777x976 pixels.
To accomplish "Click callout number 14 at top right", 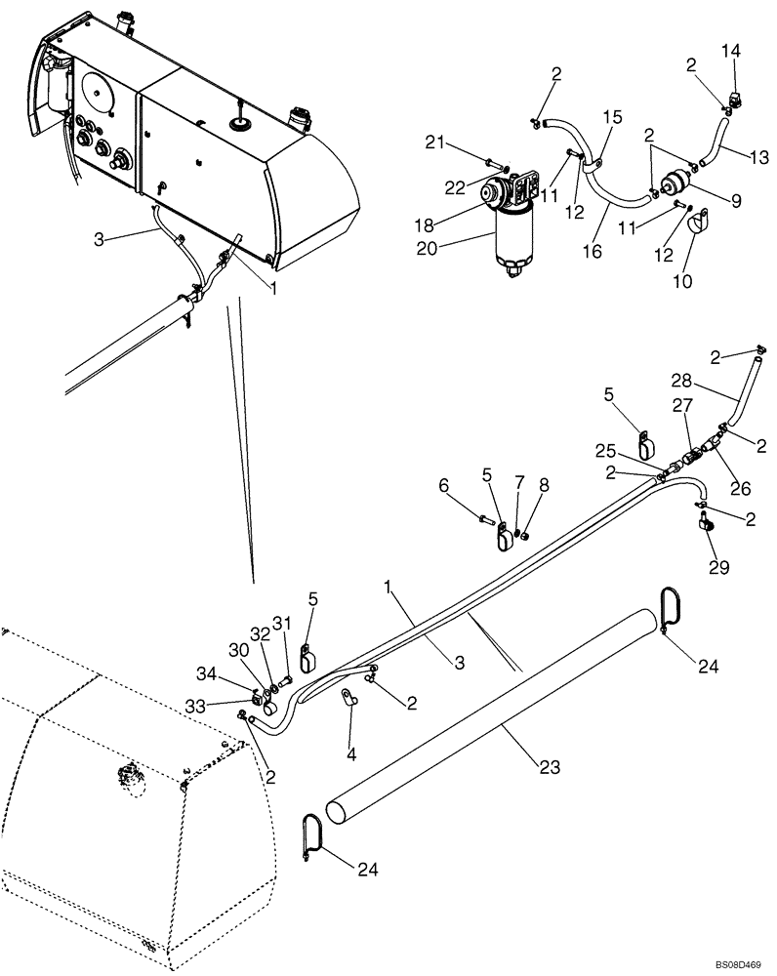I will click(732, 50).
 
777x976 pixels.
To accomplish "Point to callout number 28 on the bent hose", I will click(681, 380).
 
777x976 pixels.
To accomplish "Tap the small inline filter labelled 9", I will click(673, 183).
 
